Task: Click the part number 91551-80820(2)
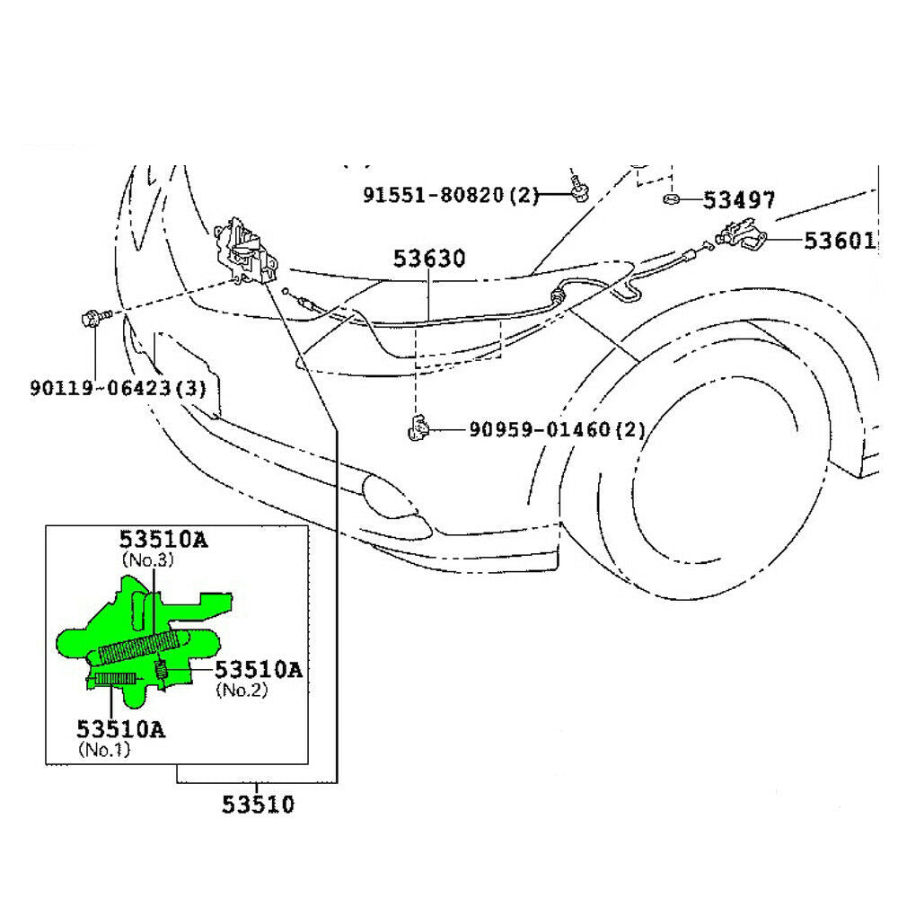coord(450,195)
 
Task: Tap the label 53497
coord(739,200)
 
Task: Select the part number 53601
coord(839,241)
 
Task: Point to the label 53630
coord(429,260)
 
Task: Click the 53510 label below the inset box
coord(258,804)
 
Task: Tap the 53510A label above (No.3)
coord(163,540)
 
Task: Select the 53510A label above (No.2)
coord(258,670)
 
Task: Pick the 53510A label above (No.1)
coord(120,729)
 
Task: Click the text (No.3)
coord(146,559)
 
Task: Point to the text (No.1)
coord(104,748)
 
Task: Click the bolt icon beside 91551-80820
coord(577,189)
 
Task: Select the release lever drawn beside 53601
coord(742,236)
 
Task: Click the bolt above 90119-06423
coord(93,317)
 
